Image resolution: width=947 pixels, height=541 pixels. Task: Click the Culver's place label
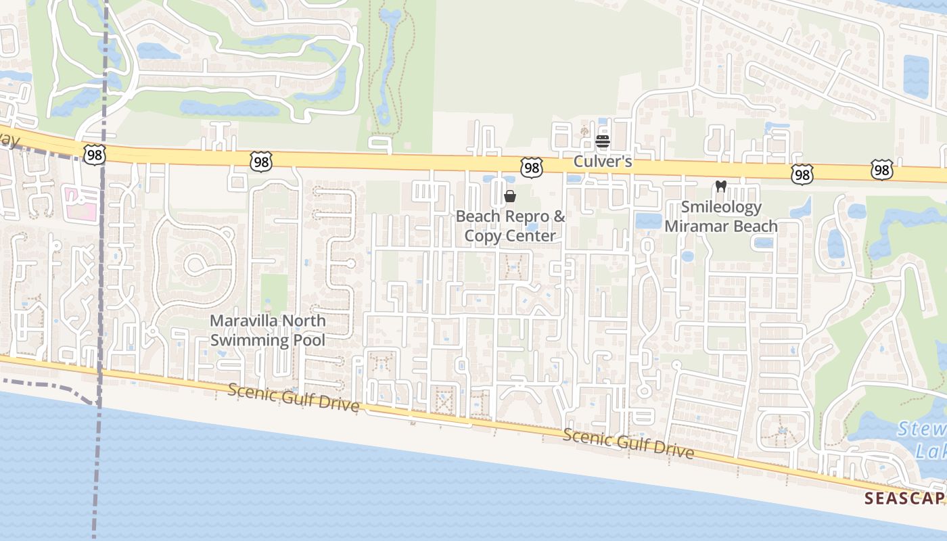tap(602, 162)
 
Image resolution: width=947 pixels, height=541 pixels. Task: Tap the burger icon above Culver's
tap(602, 141)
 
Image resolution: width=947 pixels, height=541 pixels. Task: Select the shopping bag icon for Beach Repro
tap(510, 196)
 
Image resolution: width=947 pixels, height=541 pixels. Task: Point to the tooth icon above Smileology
tap(720, 186)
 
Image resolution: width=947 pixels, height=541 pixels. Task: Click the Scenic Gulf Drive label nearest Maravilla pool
tap(293, 397)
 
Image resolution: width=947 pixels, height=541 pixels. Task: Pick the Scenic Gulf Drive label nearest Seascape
tap(628, 444)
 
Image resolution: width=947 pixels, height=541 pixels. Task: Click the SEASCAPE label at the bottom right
tap(904, 499)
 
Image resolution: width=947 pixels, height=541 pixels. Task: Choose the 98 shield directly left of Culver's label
tap(532, 168)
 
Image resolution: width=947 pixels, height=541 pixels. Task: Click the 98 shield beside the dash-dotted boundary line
tap(94, 155)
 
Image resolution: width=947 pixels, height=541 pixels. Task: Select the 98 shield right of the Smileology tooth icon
tap(802, 175)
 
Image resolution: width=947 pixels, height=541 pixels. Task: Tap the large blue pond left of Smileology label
tap(648, 220)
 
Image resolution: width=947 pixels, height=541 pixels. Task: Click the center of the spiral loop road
tap(196, 264)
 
